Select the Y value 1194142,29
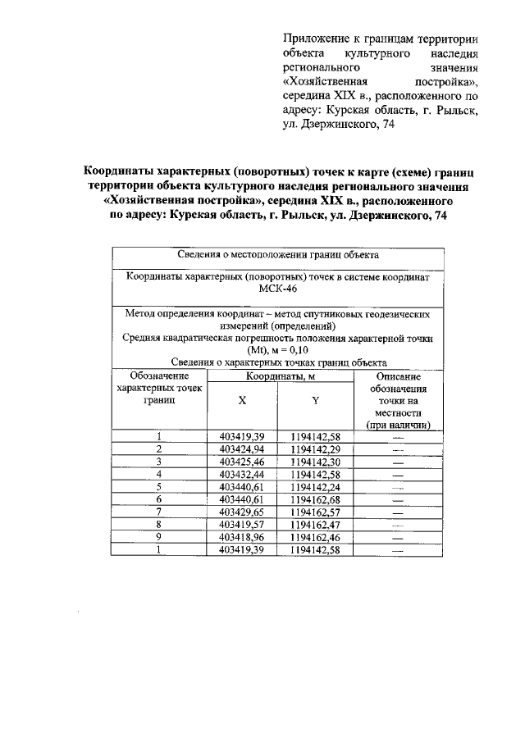coord(316,449)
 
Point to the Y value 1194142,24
coord(316,486)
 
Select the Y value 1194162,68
coord(316,498)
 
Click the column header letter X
coord(242,402)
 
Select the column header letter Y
coord(316,402)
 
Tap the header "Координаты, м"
coord(278,376)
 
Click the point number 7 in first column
coord(159,511)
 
